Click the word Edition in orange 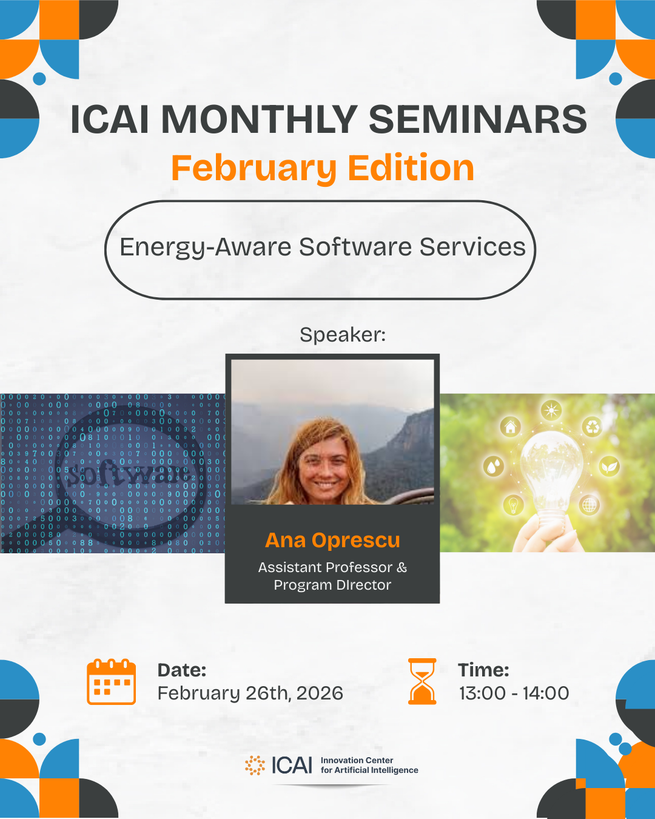coord(411,167)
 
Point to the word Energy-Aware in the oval coord(206,248)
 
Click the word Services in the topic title coord(472,247)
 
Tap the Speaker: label coord(343,334)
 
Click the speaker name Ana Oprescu coord(332,541)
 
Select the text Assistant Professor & coord(332,567)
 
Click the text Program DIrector coord(332,585)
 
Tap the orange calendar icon coord(111,682)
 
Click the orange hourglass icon coord(422,681)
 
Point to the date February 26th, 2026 coord(250,693)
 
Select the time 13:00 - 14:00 coord(514,693)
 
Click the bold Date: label coord(182,670)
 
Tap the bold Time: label coord(483,670)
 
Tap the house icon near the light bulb coord(511,426)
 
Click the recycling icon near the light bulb coord(592,426)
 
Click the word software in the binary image coord(129,474)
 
